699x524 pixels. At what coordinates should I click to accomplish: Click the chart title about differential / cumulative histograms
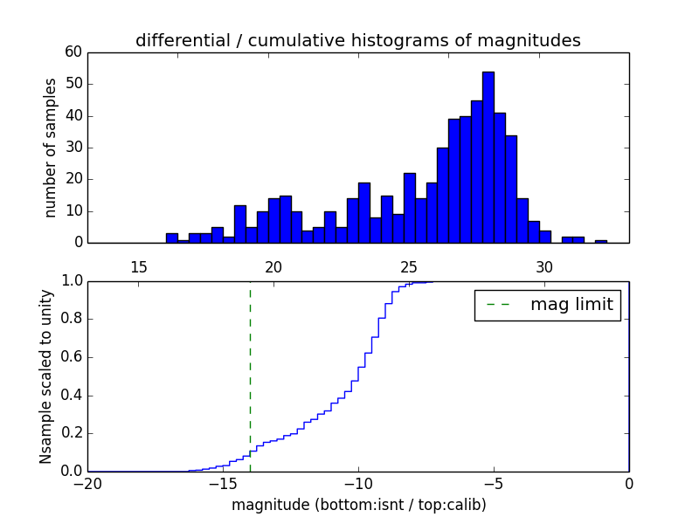pos(357,40)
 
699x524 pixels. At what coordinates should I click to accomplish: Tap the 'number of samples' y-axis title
pos(51,148)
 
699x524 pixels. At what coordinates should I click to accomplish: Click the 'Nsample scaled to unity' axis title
pos(45,377)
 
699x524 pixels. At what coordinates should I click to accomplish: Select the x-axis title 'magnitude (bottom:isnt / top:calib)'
pos(358,505)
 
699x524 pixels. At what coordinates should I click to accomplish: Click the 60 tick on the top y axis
pos(73,52)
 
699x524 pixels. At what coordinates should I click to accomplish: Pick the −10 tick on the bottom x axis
pos(357,484)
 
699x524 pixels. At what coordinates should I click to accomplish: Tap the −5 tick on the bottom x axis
pos(493,484)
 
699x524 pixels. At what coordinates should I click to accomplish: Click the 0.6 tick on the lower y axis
pos(71,357)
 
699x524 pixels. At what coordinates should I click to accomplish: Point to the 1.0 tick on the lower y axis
pos(71,281)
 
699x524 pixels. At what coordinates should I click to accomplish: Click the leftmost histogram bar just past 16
pos(171,238)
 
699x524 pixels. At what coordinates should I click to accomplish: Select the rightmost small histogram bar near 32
pos(600,241)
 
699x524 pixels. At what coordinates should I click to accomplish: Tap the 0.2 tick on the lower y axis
pos(71,433)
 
